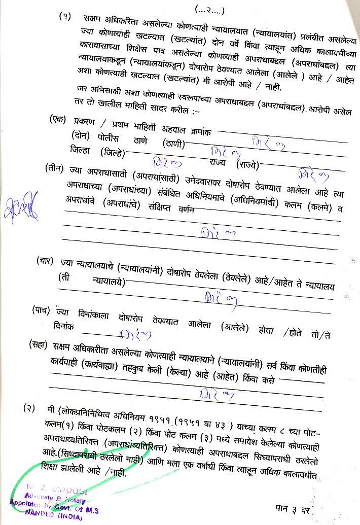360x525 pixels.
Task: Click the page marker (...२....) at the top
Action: [209, 10]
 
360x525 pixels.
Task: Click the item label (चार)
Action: [47, 262]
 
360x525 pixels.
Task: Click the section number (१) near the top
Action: [65, 16]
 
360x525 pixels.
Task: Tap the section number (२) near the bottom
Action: [29, 408]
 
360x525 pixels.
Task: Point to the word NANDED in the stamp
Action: [41, 512]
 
